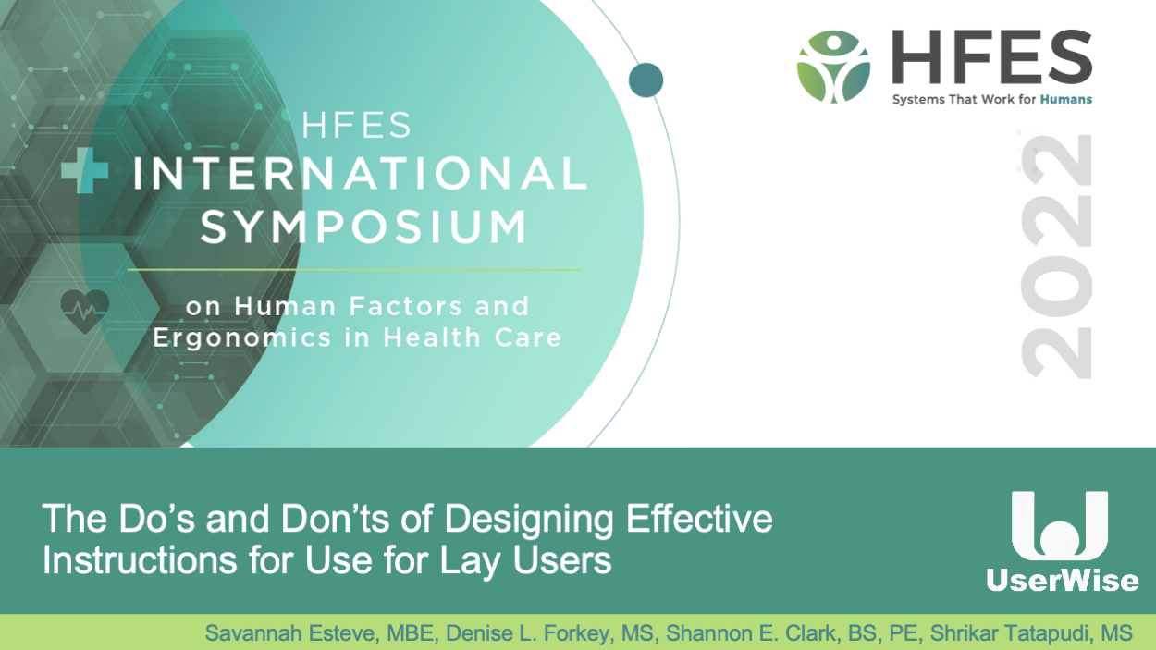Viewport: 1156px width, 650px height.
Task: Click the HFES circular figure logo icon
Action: (833, 67)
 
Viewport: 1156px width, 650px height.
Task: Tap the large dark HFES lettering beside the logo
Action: (992, 56)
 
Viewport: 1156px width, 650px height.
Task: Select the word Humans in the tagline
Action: (1066, 100)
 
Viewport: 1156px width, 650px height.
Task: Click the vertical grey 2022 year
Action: (1056, 256)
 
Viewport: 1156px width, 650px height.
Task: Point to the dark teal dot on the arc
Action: (646, 80)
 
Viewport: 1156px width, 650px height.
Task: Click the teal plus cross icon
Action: (85, 170)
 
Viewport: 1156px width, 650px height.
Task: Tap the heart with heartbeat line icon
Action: (85, 311)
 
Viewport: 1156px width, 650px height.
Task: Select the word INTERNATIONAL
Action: (361, 173)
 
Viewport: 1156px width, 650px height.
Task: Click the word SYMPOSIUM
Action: (363, 227)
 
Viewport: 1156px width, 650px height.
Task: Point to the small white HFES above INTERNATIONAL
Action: (357, 125)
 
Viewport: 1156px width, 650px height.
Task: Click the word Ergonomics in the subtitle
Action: (241, 338)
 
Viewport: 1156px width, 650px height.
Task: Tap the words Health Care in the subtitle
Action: (473, 337)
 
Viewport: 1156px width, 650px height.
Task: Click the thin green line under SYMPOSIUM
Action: (355, 269)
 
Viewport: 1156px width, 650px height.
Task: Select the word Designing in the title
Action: (529, 520)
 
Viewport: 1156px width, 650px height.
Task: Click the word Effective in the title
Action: (699, 518)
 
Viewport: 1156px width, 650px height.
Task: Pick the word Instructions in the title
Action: (140, 559)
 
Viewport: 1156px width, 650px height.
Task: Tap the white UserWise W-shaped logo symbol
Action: (1060, 526)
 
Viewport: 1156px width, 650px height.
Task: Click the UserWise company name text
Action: (1063, 581)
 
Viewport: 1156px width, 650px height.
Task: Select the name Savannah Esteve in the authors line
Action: (291, 633)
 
